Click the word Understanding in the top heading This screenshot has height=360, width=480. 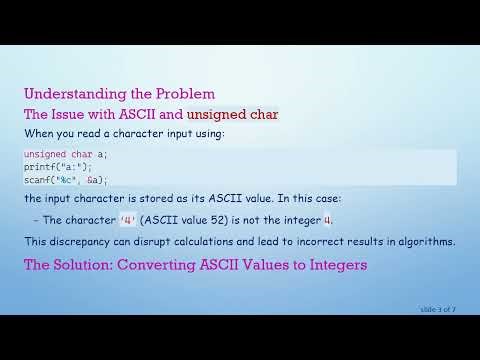pyautogui.click(x=68, y=93)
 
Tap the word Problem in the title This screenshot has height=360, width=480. pyautogui.click(x=182, y=93)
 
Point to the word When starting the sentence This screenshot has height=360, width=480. pyautogui.click(x=37, y=133)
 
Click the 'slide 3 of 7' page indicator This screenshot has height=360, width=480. pyautogui.click(x=437, y=309)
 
